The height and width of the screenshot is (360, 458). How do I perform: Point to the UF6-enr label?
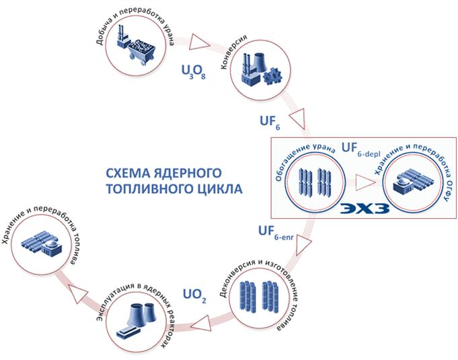click(274, 233)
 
